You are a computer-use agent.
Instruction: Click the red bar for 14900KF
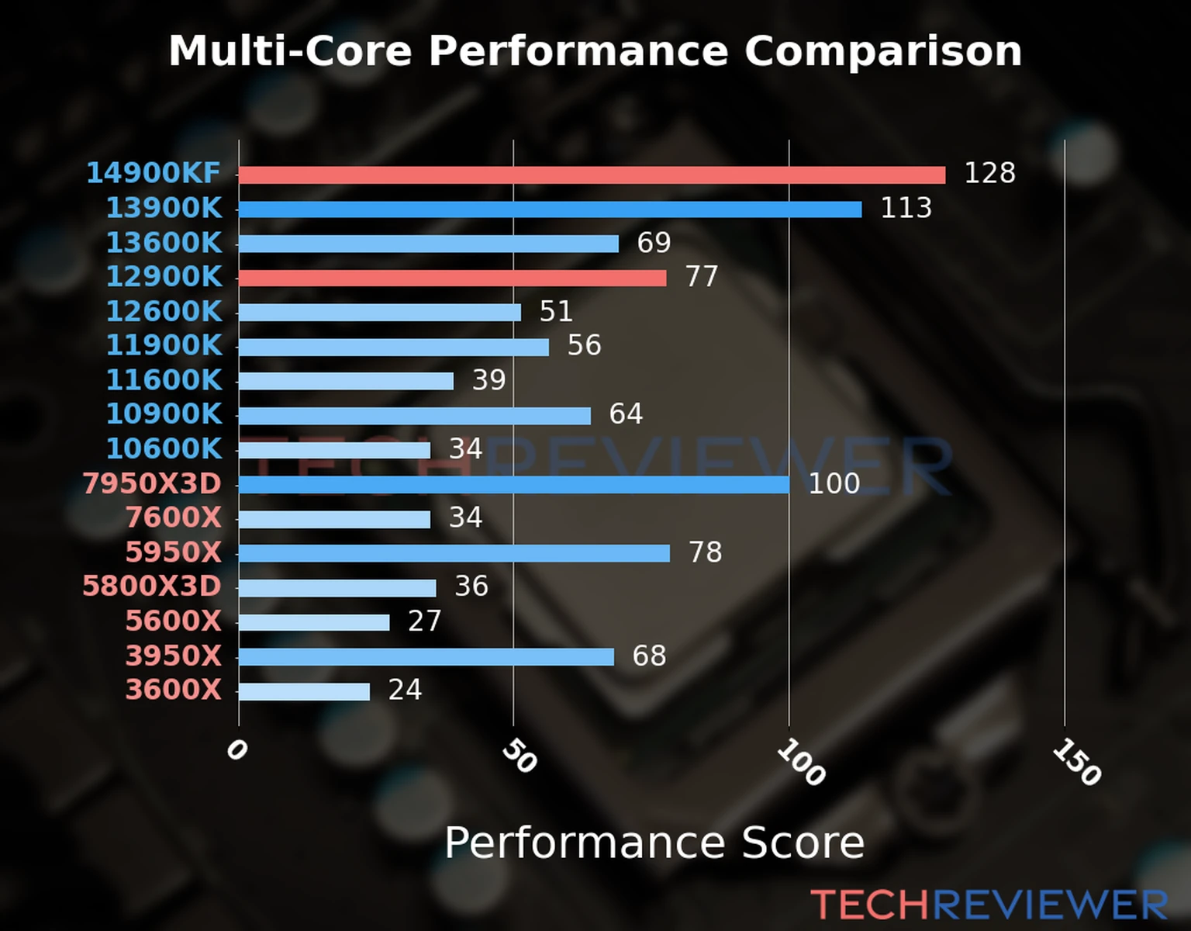click(x=592, y=175)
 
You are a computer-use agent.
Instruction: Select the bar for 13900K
click(x=550, y=209)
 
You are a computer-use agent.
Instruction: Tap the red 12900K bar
click(x=452, y=278)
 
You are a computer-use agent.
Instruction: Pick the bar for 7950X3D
click(x=513, y=485)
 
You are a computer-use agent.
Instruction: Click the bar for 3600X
click(x=304, y=691)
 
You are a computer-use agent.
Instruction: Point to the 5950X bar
click(x=454, y=553)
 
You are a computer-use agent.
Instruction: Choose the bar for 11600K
click(x=346, y=381)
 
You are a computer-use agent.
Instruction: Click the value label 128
click(x=989, y=173)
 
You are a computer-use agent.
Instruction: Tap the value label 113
click(x=906, y=208)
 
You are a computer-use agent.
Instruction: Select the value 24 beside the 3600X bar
click(x=405, y=690)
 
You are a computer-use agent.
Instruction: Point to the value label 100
click(x=834, y=483)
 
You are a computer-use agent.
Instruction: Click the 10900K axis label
click(x=164, y=414)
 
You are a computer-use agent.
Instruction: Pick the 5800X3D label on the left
click(x=152, y=586)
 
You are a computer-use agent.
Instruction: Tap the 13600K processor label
click(x=164, y=243)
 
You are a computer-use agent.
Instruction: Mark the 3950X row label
click(x=173, y=656)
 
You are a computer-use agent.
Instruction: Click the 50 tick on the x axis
click(x=519, y=756)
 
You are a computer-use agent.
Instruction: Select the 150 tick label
click(x=1076, y=762)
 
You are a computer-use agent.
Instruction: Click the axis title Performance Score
click(x=654, y=843)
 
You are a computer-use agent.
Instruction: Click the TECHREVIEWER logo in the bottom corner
click(x=989, y=905)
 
